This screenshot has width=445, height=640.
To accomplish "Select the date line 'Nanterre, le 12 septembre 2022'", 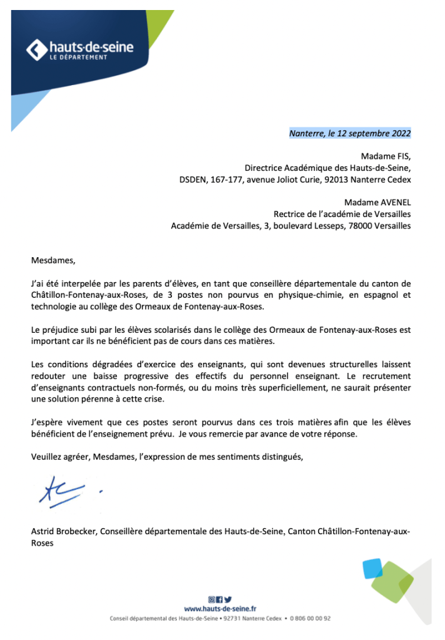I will pyautogui.click(x=349, y=133).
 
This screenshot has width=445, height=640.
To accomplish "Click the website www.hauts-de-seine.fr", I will pyautogui.click(x=220, y=608).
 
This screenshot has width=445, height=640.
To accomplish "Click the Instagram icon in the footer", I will pyautogui.click(x=211, y=599).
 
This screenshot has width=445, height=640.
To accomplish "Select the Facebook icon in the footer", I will pyautogui.click(x=219, y=599).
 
